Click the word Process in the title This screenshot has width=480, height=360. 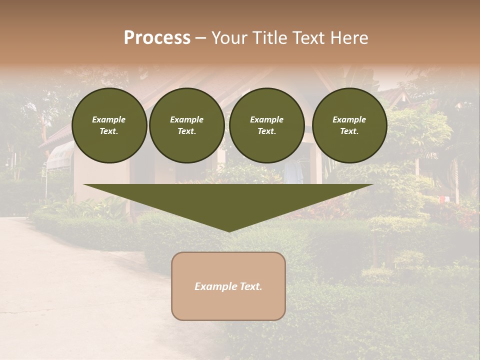coord(157,38)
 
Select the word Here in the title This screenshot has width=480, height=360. coord(348,38)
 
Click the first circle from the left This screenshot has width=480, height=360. coord(109,125)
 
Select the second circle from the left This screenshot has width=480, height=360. coord(187,125)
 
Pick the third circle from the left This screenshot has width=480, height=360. coord(266,125)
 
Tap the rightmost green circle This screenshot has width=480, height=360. coord(349,125)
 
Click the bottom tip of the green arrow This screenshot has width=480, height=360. coord(229,230)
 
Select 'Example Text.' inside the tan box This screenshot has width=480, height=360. coord(228,286)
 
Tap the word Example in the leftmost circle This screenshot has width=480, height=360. coord(109,119)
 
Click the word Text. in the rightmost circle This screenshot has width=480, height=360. coord(349,131)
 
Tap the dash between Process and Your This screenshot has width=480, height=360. coord(201,38)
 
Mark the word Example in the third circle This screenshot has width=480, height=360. coord(266,119)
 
